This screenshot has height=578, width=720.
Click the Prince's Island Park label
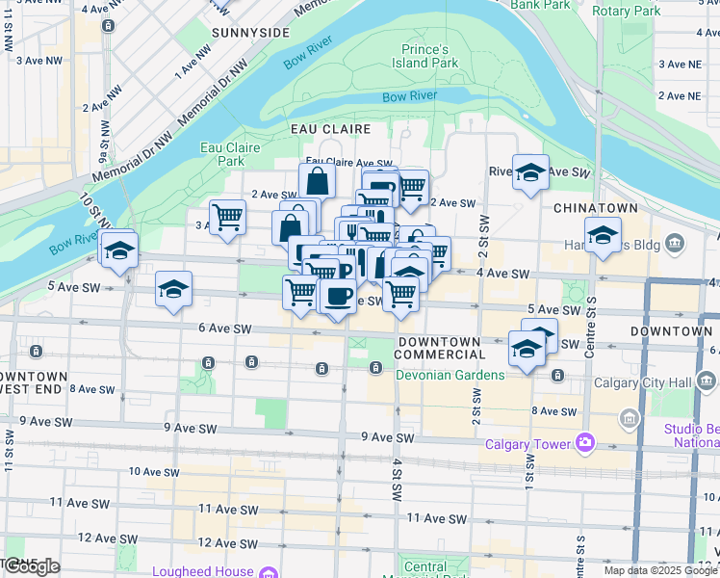pyautogui.click(x=424, y=56)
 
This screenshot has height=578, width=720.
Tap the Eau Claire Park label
pyautogui.click(x=222, y=154)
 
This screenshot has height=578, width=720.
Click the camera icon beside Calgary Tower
pyautogui.click(x=584, y=443)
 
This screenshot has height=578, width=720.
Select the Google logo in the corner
pyautogui.click(x=31, y=566)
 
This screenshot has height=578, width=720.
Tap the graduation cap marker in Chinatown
pyautogui.click(x=603, y=234)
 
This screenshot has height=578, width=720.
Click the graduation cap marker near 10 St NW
pyautogui.click(x=118, y=250)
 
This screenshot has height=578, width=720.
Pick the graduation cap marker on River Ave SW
pyautogui.click(x=530, y=172)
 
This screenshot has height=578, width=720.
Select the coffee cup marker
pyautogui.click(x=337, y=296)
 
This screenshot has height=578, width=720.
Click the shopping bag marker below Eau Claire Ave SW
pyautogui.click(x=317, y=179)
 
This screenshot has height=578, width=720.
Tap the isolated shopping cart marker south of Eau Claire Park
pyautogui.click(x=227, y=217)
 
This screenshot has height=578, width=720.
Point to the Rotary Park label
pyautogui.click(x=627, y=11)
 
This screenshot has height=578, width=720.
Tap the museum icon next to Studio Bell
pyautogui.click(x=630, y=419)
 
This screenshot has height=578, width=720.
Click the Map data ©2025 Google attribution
pyautogui.click(x=660, y=570)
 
